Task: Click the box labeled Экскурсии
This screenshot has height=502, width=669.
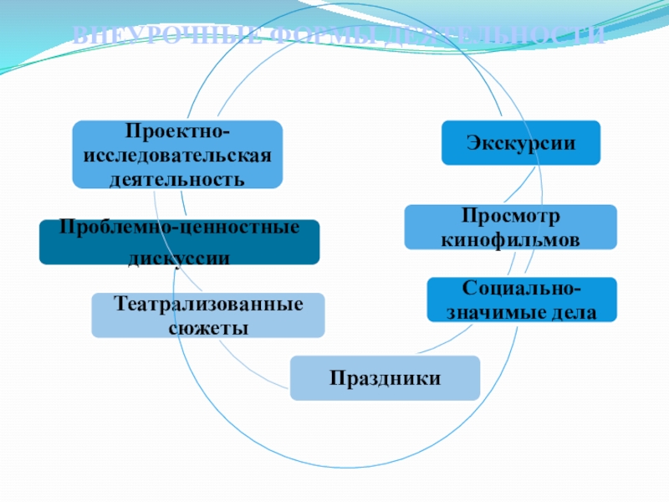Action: tap(521, 142)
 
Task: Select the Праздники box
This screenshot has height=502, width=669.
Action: tap(385, 378)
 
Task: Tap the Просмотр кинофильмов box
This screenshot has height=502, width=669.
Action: tap(510, 227)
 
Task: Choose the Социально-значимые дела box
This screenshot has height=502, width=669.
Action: tap(522, 300)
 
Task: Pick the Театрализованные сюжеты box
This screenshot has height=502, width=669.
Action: tap(208, 315)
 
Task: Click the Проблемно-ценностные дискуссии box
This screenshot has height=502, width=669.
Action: tap(179, 243)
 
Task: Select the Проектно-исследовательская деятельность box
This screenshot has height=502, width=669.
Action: tap(176, 154)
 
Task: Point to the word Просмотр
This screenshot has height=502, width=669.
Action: tap(510, 216)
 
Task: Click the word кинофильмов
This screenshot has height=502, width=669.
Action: tap(510, 239)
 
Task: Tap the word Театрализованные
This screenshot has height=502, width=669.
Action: tap(208, 303)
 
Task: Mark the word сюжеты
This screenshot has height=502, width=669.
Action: tap(208, 328)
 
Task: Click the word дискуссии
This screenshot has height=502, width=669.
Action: tap(179, 259)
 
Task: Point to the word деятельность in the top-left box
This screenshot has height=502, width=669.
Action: tap(176, 178)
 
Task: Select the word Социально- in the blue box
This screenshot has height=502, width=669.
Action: tap(522, 289)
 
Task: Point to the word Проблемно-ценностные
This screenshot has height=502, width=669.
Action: tap(179, 227)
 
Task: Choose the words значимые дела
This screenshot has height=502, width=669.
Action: tap(522, 313)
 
